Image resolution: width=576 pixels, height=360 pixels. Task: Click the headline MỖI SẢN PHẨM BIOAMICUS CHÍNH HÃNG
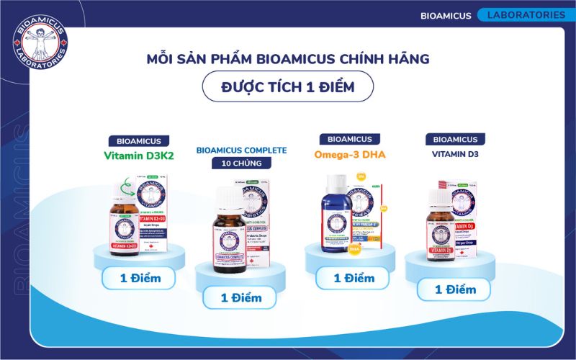(288, 57)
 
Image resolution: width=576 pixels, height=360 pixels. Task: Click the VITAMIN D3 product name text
(455, 154)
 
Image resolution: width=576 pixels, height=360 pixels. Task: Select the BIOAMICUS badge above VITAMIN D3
(455, 139)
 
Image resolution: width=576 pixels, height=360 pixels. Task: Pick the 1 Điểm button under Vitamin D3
(456, 289)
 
